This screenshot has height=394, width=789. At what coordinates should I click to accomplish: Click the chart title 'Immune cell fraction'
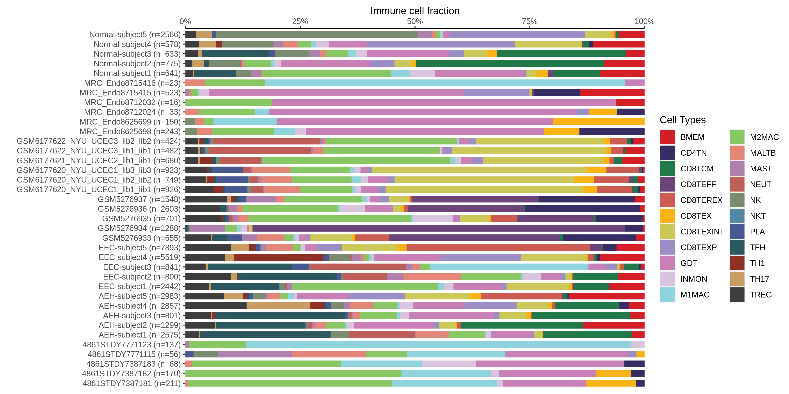pos(415,11)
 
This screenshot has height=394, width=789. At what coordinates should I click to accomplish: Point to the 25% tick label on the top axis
pos(300,21)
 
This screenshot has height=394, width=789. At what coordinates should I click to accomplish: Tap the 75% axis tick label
pos(530,21)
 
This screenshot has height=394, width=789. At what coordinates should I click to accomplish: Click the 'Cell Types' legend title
pos(682,120)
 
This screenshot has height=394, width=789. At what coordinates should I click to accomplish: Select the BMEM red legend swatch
pos(667,137)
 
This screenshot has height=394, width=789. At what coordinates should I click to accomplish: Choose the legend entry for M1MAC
pos(695,295)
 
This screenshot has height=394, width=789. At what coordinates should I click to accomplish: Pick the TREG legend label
pos(761,295)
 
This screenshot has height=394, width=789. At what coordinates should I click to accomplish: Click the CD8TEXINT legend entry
pos(702,232)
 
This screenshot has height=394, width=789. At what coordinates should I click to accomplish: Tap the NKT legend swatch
pos(737,216)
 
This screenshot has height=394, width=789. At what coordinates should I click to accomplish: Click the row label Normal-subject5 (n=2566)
pos(135,35)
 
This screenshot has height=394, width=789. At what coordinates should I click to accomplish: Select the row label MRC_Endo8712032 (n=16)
pos(132,102)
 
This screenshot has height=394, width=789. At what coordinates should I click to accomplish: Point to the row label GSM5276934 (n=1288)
pos(139,228)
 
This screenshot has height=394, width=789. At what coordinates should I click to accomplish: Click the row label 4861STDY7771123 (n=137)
pos(131,345)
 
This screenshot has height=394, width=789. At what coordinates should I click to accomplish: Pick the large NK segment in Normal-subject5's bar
pos(317,35)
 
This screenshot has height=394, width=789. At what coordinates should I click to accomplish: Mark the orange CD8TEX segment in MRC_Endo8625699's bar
pos(599,122)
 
